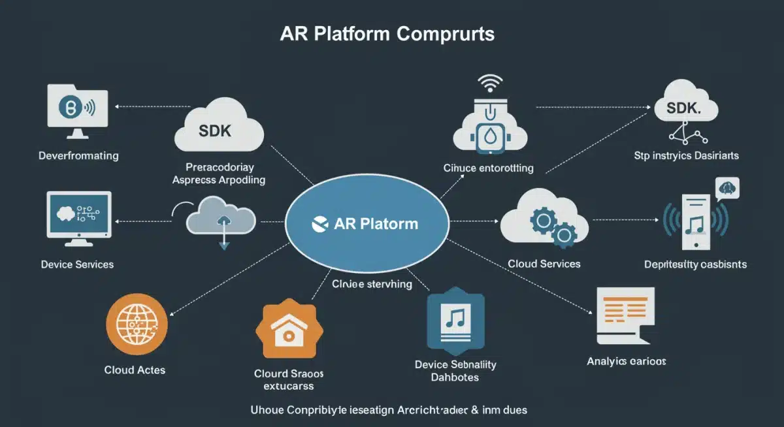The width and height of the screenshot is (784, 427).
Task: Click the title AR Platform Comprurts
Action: tap(387, 34)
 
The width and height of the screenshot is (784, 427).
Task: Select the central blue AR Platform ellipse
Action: tap(368, 223)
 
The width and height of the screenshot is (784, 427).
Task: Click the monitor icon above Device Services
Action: tap(78, 216)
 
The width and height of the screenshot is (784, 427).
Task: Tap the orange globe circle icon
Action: tap(137, 324)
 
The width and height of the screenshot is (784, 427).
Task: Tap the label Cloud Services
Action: tap(544, 264)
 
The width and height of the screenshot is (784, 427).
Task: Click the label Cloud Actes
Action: tap(135, 370)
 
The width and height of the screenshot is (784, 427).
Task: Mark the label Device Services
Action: tap(77, 264)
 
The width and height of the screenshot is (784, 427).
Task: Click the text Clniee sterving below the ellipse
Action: tap(372, 284)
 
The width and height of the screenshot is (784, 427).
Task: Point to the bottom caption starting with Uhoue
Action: tap(389, 410)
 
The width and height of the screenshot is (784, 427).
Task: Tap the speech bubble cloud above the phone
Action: tap(727, 189)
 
